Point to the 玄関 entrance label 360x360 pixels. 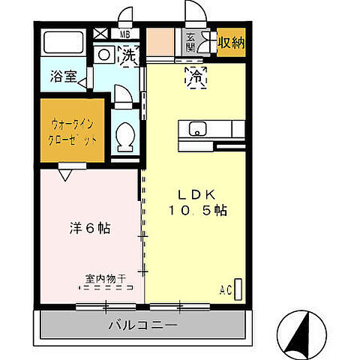click(x=190, y=42)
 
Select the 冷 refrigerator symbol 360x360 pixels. click(x=197, y=76)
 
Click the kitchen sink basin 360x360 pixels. click(x=198, y=128)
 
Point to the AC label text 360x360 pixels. click(x=225, y=289)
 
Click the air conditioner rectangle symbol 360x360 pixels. click(x=239, y=289)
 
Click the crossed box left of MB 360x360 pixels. click(x=101, y=34)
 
